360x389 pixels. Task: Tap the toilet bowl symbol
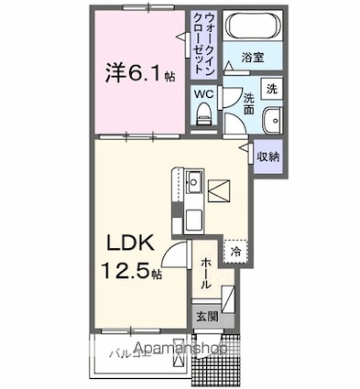pyautogui.click(x=203, y=113)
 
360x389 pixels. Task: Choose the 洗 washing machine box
pyautogui.click(x=271, y=89)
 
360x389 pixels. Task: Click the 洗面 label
pyautogui.click(x=248, y=103)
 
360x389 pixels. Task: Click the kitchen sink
pyautogui.click(x=194, y=183)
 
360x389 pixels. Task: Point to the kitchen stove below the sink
pyautogui.click(x=194, y=220)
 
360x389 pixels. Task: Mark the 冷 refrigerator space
pyautogui.click(x=235, y=250)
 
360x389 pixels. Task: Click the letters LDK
pyautogui.click(x=134, y=245)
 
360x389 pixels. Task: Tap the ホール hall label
pyautogui.click(x=205, y=273)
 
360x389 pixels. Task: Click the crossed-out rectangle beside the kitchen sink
pyautogui.click(x=221, y=190)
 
